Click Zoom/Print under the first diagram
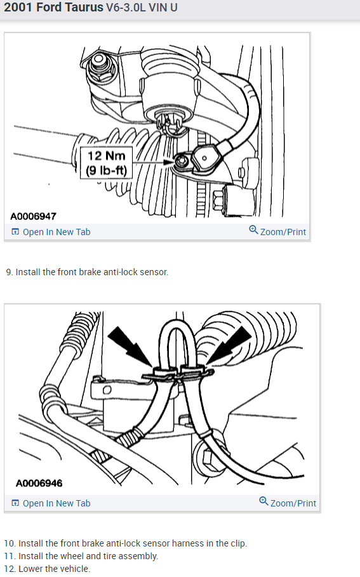coord(277,231)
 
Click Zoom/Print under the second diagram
coord(288,503)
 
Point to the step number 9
coord(9,272)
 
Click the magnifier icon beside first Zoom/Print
coord(254,231)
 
